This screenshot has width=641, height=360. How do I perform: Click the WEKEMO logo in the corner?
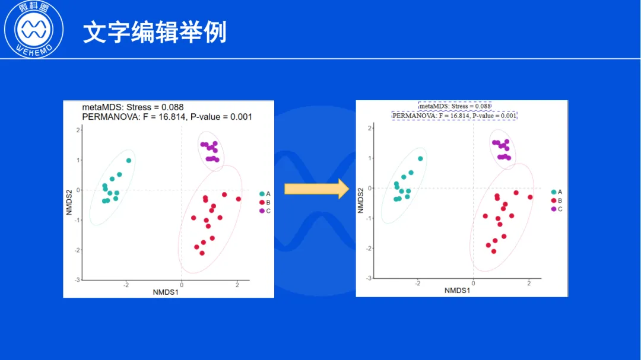tap(33, 29)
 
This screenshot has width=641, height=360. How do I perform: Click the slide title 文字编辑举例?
tap(155, 32)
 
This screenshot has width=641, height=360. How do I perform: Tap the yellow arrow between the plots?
tap(317, 189)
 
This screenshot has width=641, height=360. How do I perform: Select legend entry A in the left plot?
tap(265, 194)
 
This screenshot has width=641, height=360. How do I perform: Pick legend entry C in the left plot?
tap(265, 211)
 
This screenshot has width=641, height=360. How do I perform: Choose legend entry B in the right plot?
tap(557, 200)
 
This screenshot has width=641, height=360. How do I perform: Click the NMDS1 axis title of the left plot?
tap(166, 292)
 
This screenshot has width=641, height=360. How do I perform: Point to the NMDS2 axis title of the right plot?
tap(361, 200)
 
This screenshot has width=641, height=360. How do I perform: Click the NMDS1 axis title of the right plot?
tap(458, 291)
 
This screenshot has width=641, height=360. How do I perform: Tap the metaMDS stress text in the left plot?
tap(133, 107)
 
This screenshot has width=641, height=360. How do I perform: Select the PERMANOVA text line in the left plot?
tap(167, 117)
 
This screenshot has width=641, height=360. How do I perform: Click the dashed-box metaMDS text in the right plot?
tap(455, 106)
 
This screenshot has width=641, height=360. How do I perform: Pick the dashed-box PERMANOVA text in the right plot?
tap(454, 116)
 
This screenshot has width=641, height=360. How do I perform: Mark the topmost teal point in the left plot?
tap(129, 161)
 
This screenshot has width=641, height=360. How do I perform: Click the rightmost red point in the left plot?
tap(239, 199)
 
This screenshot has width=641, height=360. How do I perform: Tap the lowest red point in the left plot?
tap(202, 253)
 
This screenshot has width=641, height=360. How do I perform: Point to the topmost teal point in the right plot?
tap(420, 158)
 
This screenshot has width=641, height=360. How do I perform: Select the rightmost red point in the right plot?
tap(530, 197)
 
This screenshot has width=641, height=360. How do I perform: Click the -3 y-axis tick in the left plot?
tap(77, 280)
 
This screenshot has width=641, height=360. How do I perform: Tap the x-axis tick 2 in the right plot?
tap(529, 283)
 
